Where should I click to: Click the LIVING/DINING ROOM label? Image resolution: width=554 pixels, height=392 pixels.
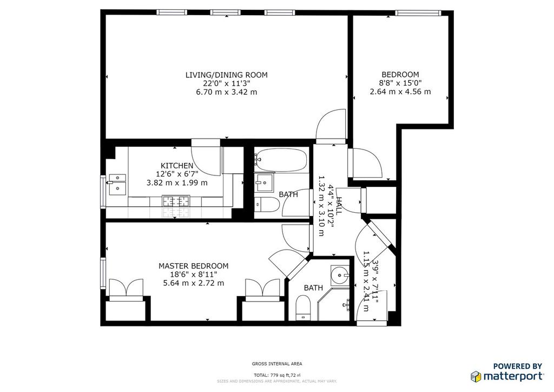227,75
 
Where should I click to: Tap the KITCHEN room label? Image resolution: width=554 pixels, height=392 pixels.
177,166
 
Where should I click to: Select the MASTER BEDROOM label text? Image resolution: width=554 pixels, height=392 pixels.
193,266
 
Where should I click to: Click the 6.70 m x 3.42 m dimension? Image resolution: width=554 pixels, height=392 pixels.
227,92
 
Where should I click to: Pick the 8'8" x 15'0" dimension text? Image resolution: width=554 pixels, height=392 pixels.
400,83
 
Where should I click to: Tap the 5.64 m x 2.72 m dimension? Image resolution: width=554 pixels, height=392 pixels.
193,283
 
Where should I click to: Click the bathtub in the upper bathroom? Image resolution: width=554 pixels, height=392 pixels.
281,160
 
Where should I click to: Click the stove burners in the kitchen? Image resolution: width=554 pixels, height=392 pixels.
176,201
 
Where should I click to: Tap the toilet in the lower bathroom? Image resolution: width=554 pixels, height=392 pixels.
303,307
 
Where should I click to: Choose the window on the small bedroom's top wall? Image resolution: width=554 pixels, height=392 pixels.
418,13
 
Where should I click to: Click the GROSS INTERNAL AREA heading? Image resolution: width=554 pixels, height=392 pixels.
277,364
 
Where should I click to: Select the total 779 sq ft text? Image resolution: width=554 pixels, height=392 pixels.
278,375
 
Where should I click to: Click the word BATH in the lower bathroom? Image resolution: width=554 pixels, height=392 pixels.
313,288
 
